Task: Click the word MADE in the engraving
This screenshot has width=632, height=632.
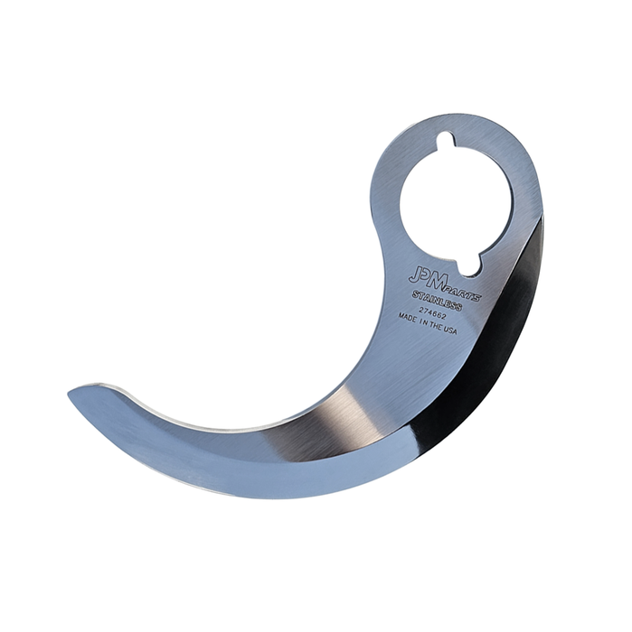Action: tap(407, 318)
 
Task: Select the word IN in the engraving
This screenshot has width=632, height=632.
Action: tap(422, 322)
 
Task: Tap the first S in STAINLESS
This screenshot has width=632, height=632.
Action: tap(415, 294)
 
